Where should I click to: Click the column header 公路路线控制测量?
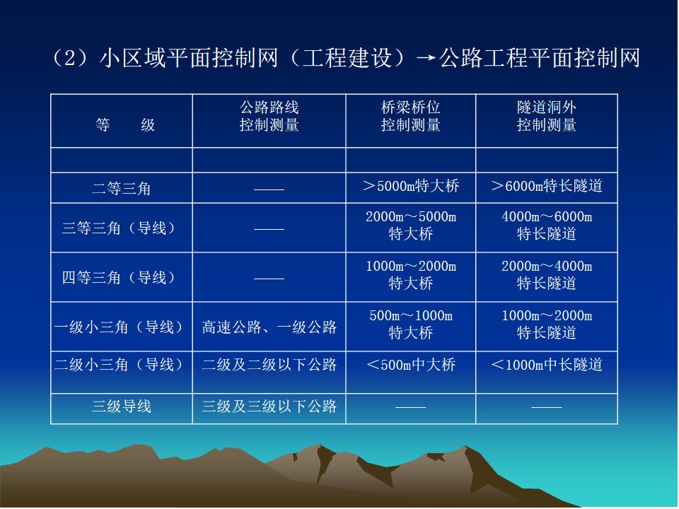tap(269, 116)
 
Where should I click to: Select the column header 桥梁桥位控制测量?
tap(410, 116)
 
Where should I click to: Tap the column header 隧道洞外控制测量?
tap(547, 116)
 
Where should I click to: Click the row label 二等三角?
tap(121, 188)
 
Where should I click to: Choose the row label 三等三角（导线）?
tap(121, 228)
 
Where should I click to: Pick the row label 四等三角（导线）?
tap(121, 277)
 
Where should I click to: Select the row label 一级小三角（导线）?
tap(121, 327)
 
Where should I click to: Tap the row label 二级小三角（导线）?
tap(121, 365)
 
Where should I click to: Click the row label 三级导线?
tap(121, 406)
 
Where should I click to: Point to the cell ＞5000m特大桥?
tap(410, 186)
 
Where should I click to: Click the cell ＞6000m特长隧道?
tap(547, 186)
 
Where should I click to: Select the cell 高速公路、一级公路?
tap(269, 327)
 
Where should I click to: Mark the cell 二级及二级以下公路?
tap(269, 365)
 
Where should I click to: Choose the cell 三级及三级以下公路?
tap(269, 406)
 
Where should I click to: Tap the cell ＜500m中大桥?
tap(410, 365)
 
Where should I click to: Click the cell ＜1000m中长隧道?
tap(547, 365)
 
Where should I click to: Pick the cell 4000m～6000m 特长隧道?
tap(547, 225)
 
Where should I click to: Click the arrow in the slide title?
tap(426, 58)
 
